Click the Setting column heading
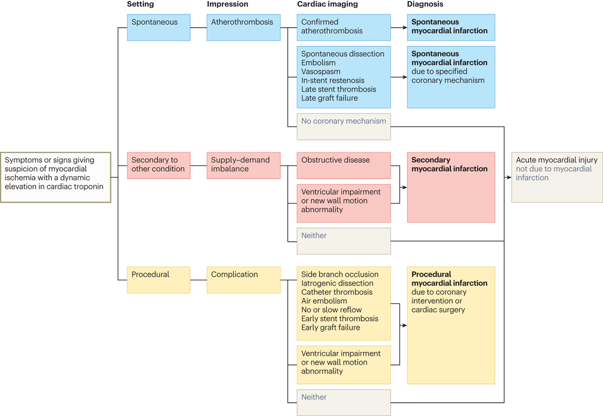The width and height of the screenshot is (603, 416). click(140, 4)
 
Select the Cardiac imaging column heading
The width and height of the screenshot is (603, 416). click(327, 4)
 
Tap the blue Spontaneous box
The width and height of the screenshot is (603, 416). click(159, 28)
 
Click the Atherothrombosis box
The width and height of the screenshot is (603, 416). click(244, 28)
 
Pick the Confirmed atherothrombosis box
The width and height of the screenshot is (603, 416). click(343, 27)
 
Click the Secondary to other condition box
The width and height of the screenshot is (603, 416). click(159, 165)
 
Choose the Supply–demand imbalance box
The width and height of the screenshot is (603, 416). click(244, 165)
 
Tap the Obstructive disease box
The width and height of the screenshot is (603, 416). click(343, 165)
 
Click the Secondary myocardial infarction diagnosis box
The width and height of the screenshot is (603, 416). click(450, 187)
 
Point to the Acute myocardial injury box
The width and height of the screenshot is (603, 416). click(556, 177)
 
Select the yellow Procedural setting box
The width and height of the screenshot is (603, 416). click(159, 280)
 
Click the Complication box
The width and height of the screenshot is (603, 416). click(244, 280)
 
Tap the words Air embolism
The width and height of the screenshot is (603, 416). click(324, 301)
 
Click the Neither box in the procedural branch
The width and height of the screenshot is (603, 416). click(343, 402)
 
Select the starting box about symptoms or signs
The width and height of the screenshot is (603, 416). click(56, 177)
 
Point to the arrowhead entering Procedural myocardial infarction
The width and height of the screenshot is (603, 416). click(404, 326)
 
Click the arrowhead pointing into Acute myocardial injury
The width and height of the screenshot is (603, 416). click(508, 177)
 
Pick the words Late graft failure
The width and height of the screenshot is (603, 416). click(329, 98)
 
